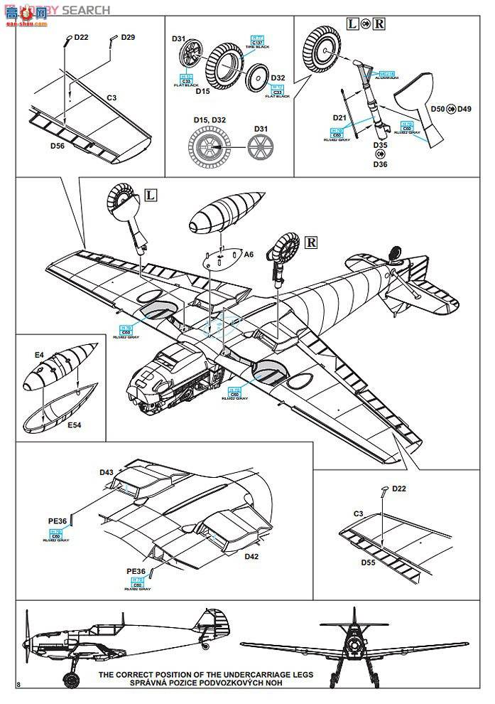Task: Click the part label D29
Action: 128,36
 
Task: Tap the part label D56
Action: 58,146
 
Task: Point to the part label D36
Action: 381,164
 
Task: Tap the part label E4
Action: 40,354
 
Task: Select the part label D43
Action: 107,472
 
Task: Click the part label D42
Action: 251,556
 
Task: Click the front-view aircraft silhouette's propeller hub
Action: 354,646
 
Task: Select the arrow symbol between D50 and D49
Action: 452,109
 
